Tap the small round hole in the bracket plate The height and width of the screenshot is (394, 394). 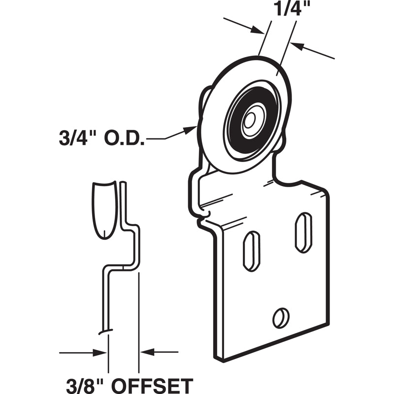click(281, 317)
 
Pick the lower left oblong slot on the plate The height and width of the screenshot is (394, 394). click(252, 251)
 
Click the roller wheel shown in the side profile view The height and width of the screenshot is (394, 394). click(105, 208)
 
